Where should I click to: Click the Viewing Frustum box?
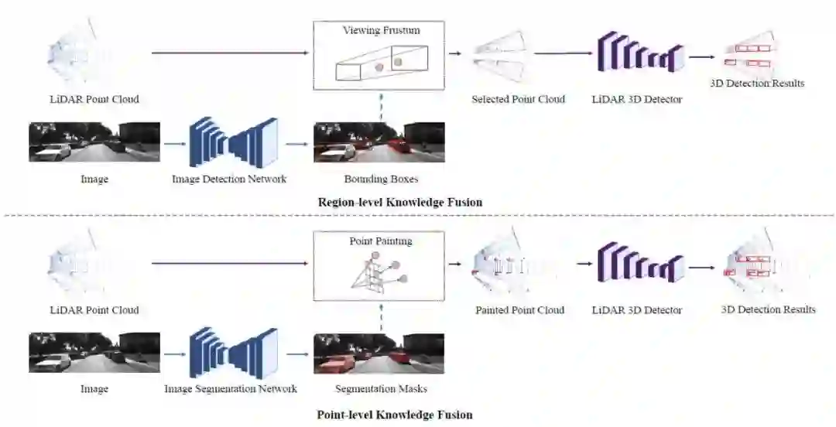coord(379,54)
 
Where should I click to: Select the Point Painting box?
coord(379,265)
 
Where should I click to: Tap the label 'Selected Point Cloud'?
coord(518,99)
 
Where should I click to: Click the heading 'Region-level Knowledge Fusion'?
coord(399,202)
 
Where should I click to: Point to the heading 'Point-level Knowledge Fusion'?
coord(394,414)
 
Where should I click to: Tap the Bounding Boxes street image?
coord(379,142)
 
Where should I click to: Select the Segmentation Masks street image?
coord(379,353)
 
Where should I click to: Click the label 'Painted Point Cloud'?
coord(519,310)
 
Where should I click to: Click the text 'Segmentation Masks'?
coord(381,389)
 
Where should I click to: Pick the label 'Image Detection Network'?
coord(229,179)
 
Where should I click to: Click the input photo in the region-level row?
coord(94,142)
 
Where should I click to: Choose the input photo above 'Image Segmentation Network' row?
coord(94,353)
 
